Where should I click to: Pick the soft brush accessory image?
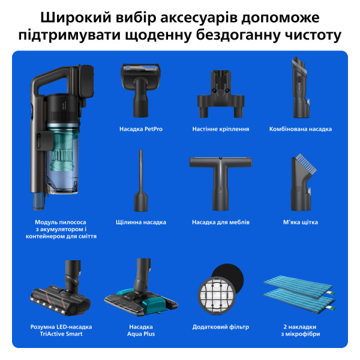tap(300, 180)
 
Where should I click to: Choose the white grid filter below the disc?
tap(217, 295)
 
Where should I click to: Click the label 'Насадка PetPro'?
tap(140, 129)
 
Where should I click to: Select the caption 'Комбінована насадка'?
tap(300, 129)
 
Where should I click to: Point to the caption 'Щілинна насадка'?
tap(140, 222)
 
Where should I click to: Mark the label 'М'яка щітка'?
tap(300, 222)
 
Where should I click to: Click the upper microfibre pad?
tap(300, 282)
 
